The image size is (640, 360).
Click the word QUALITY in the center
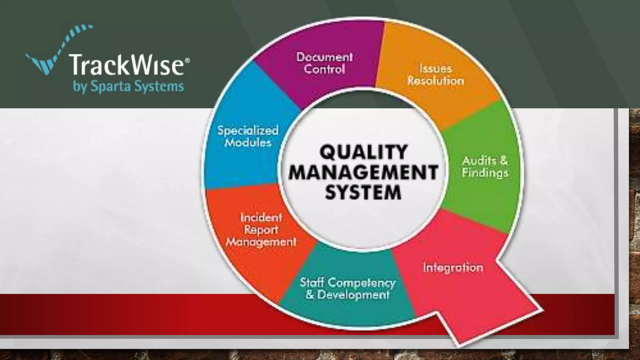click(x=363, y=152)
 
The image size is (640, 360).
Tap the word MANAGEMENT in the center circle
click(x=363, y=172)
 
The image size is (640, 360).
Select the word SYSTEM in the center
click(x=363, y=192)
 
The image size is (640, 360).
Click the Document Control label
click(x=324, y=63)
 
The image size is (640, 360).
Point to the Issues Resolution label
click(x=436, y=75)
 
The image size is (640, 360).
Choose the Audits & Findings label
click(x=485, y=167)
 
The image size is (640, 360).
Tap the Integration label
click(x=453, y=268)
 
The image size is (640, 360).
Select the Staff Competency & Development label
click(x=347, y=288)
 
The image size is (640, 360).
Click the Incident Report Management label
click(x=261, y=230)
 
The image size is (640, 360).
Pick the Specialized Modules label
click(x=248, y=136)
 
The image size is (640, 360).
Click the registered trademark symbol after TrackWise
click(x=187, y=60)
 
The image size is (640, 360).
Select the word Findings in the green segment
click(x=485, y=173)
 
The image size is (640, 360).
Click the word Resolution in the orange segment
click(x=436, y=81)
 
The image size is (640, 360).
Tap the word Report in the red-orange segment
click(x=261, y=230)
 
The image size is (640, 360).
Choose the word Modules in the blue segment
click(x=248, y=143)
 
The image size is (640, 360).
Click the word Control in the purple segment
click(x=324, y=69)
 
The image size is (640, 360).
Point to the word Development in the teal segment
click(x=353, y=295)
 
